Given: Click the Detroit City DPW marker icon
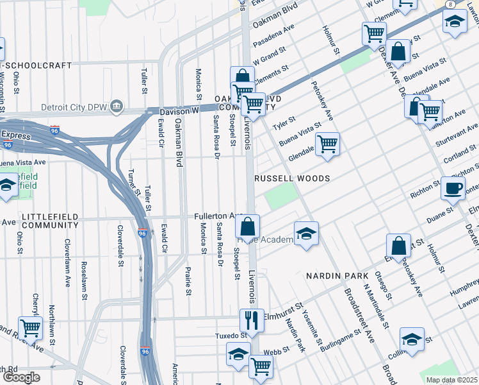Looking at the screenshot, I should click(x=117, y=106).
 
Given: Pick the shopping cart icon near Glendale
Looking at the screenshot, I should click(x=327, y=145).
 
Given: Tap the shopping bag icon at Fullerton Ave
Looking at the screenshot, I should click(x=247, y=227).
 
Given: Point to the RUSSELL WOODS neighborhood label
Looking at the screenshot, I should click(x=293, y=178).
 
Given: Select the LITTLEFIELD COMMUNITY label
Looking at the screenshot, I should click(x=49, y=221).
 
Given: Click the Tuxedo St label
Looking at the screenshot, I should click(x=230, y=335).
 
